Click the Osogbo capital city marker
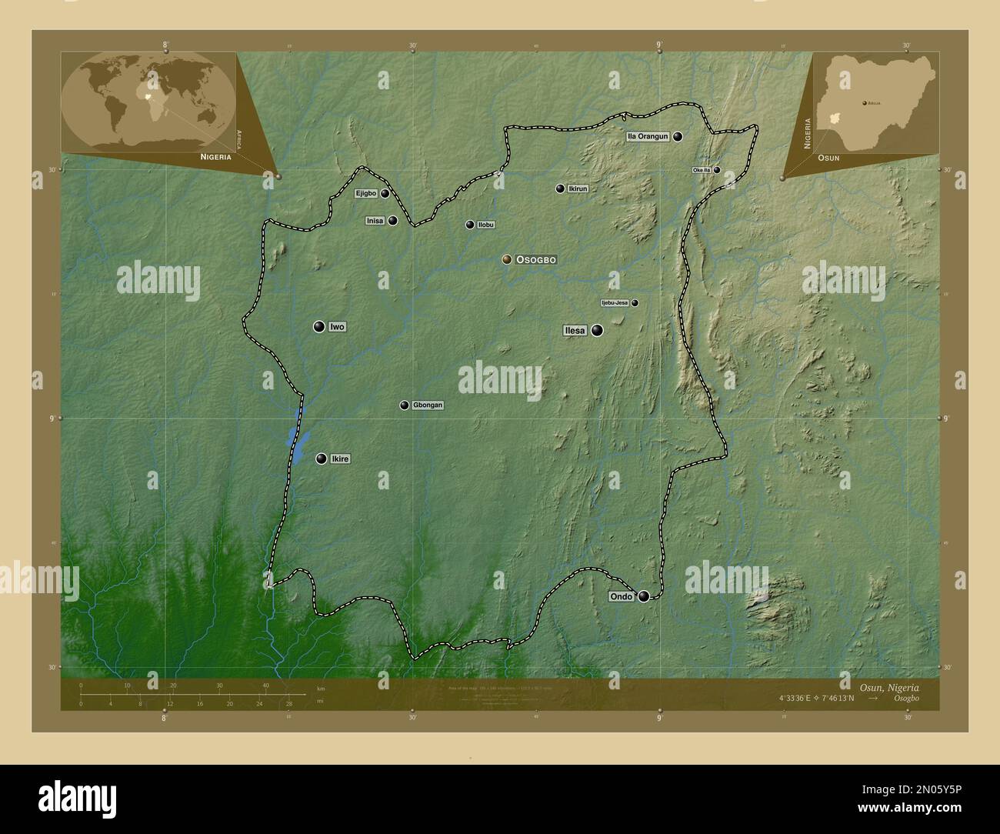pyautogui.click(x=507, y=260)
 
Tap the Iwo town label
pyautogui.click(x=337, y=327)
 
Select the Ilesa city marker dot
pyautogui.click(x=597, y=330)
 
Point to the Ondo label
pyautogui.click(x=621, y=597)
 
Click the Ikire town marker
pyautogui.click(x=321, y=459)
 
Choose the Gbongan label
pyautogui.click(x=428, y=405)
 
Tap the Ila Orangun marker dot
pyautogui.click(x=677, y=136)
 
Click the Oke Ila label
pyautogui.click(x=702, y=170)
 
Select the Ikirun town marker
pyautogui.click(x=560, y=188)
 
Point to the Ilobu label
pyautogui.click(x=486, y=225)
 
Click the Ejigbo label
pyautogui.click(x=366, y=194)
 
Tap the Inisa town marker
pyautogui.click(x=393, y=221)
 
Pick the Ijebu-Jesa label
pyautogui.click(x=615, y=303)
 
